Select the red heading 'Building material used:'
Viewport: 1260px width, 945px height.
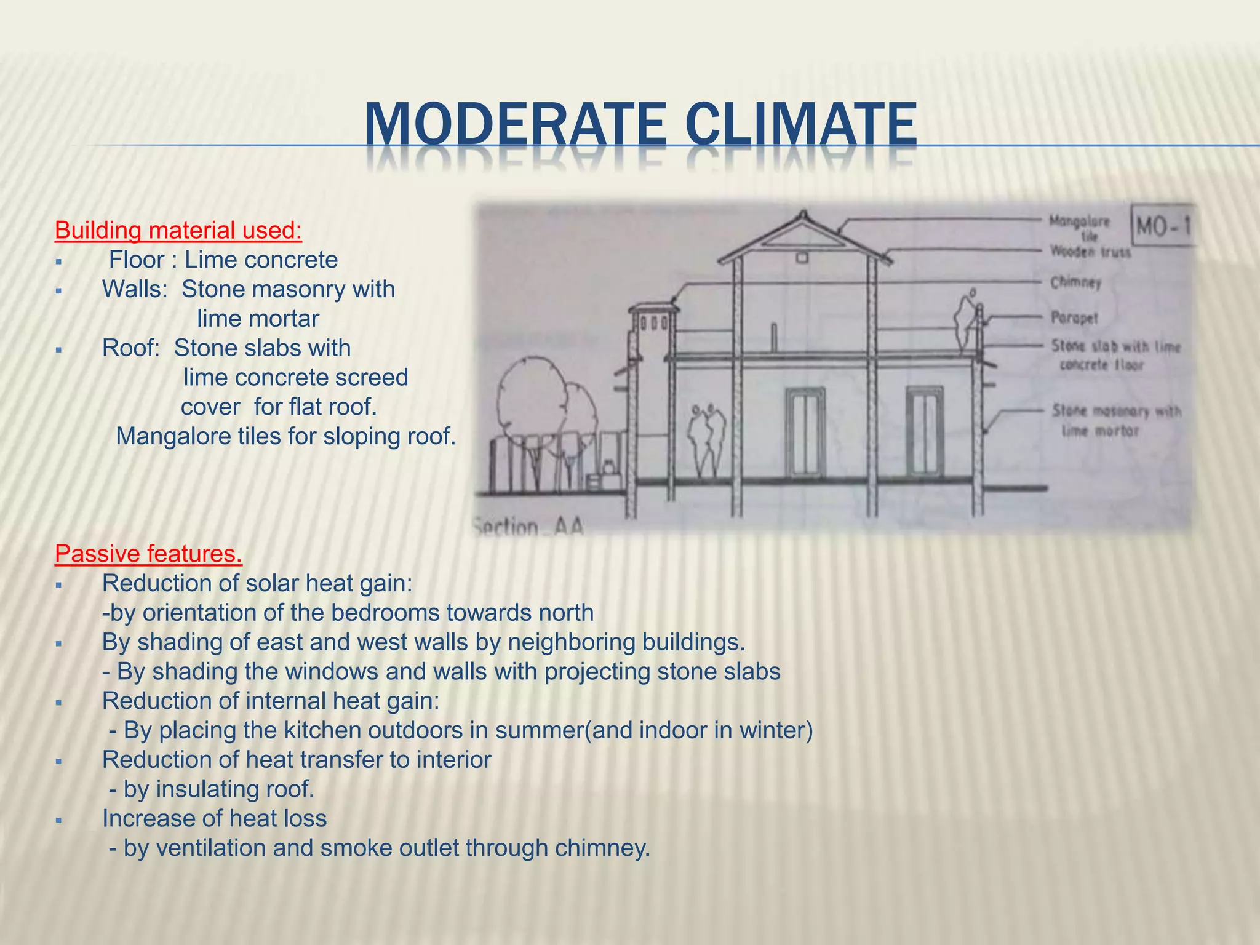[x=178, y=230]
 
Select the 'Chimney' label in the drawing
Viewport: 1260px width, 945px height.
[x=1075, y=282]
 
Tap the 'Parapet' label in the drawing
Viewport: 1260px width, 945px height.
[x=1074, y=318]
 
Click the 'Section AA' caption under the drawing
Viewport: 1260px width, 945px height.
[x=528, y=528]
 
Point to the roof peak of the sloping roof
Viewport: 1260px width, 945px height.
[x=802, y=214]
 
